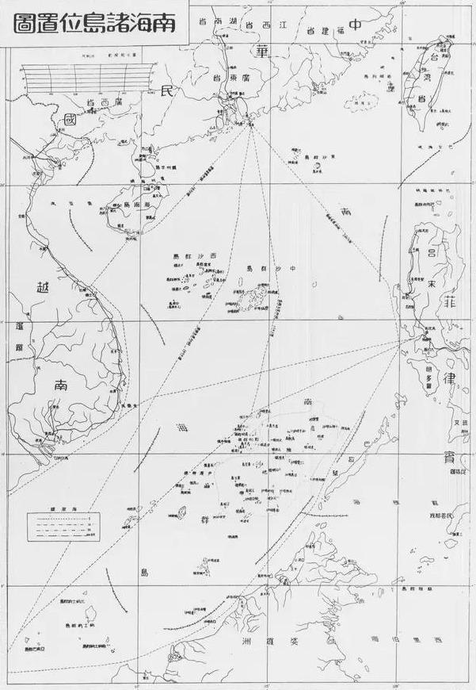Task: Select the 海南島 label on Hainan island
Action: click(133, 203)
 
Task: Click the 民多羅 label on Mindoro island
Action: click(432, 370)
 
